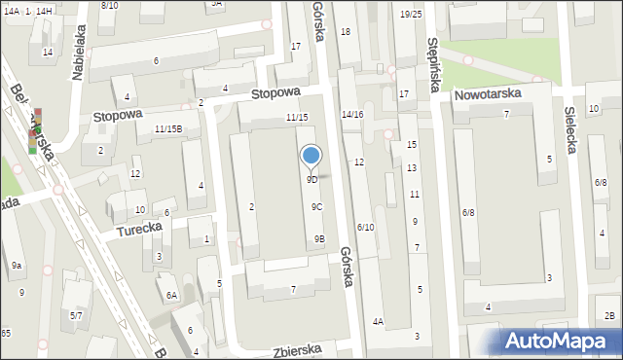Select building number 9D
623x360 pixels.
(x=311, y=180)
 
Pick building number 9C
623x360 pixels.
(x=317, y=207)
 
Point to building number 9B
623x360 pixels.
(x=319, y=239)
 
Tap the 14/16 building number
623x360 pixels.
(x=352, y=115)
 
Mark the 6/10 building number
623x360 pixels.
(x=365, y=228)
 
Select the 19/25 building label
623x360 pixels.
(x=411, y=14)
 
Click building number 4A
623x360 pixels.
(x=378, y=322)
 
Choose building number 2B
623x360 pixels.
(x=609, y=315)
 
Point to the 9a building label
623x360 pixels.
(x=17, y=266)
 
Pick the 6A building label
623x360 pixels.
(x=171, y=296)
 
